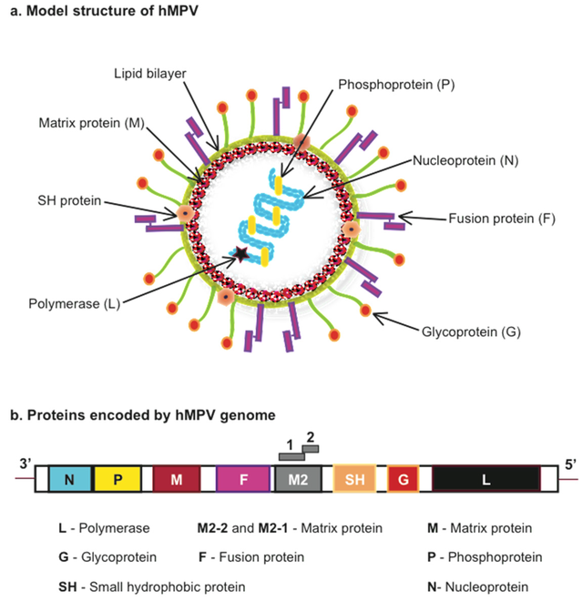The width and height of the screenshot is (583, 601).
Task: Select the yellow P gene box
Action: pyautogui.click(x=119, y=479)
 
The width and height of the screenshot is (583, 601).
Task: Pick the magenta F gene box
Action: pyautogui.click(x=243, y=479)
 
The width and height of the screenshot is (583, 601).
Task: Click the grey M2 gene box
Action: pyautogui.click(x=297, y=479)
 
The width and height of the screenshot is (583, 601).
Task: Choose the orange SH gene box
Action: pyautogui.click(x=354, y=479)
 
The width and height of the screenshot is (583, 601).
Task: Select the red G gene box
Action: pyautogui.click(x=403, y=479)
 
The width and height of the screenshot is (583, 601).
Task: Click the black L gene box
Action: pyautogui.click(x=486, y=479)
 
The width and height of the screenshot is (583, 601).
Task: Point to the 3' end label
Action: pyautogui.click(x=26, y=463)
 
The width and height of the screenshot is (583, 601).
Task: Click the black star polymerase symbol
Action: pyautogui.click(x=241, y=254)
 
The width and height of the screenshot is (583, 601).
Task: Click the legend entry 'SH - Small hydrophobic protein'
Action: pyautogui.click(x=151, y=586)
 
